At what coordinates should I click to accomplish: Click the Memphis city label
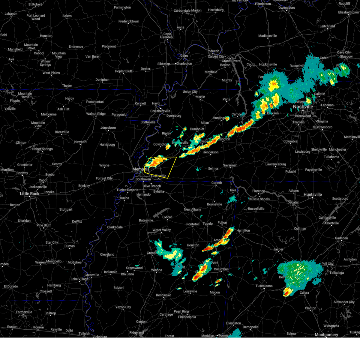[x=141, y=169]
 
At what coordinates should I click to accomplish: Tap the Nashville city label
[x=303, y=107]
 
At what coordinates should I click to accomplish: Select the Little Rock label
[x=30, y=194]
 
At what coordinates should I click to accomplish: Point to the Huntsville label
[x=313, y=195]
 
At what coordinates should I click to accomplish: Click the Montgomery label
[x=326, y=335]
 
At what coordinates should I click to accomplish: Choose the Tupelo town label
[x=208, y=224]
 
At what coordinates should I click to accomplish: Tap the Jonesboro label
[x=108, y=128]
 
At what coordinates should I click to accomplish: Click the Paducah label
[x=213, y=51]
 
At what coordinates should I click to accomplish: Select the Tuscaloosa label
[x=264, y=286]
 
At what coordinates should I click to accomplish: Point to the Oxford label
[x=167, y=217]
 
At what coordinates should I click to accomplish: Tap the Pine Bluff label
[x=43, y=225]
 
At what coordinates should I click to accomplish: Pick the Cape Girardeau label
[x=167, y=36]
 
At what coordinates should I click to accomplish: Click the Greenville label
[x=92, y=275]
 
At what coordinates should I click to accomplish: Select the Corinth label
[x=217, y=183]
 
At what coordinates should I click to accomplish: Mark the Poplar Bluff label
[x=124, y=71]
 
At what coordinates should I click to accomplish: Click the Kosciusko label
[x=163, y=295]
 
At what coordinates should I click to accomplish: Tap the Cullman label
[x=300, y=229]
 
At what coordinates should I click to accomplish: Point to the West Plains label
[x=51, y=73]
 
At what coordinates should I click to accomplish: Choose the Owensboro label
[x=287, y=8]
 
